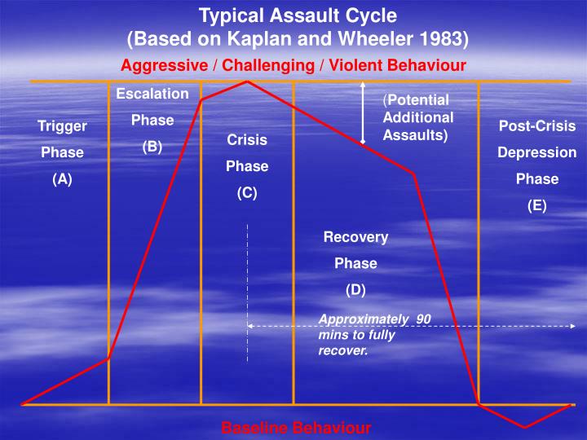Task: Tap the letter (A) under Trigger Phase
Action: (62, 180)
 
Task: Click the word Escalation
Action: (152, 94)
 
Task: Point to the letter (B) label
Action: (152, 147)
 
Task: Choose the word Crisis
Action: (247, 140)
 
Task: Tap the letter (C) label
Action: (247, 193)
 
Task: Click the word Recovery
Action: (355, 237)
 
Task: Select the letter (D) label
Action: (355, 289)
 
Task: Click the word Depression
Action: (537, 152)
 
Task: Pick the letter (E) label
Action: (537, 205)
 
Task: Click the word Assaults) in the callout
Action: (416, 134)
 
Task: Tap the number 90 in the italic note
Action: (423, 319)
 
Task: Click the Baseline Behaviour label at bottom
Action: (296, 428)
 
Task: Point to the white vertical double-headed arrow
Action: (364, 113)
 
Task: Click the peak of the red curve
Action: (247, 81)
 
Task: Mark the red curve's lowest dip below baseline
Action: (524, 426)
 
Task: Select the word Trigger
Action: (62, 126)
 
